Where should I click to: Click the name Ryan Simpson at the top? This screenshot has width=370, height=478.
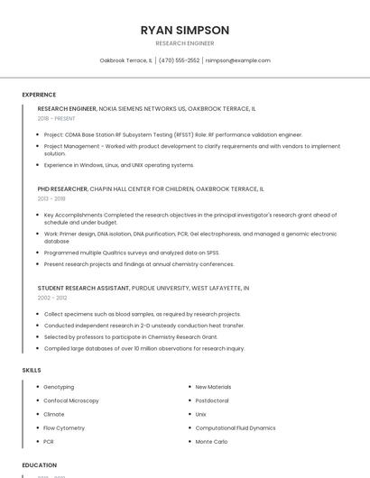click(x=184, y=29)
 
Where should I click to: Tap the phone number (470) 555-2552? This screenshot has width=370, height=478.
click(x=180, y=60)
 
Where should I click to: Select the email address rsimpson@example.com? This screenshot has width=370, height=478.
click(x=237, y=60)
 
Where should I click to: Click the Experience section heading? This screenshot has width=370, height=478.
click(x=39, y=95)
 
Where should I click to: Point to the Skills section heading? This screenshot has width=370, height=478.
click(x=32, y=370)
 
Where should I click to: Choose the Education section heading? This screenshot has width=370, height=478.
click(x=40, y=465)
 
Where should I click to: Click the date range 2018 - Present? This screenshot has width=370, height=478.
click(x=57, y=118)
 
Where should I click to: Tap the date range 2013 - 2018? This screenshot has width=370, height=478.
click(x=51, y=198)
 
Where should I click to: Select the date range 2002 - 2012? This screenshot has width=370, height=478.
click(x=51, y=297)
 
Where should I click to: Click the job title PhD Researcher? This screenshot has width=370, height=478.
click(x=62, y=189)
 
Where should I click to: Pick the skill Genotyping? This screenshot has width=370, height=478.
click(x=59, y=387)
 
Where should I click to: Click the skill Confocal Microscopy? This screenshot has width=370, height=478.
click(x=71, y=400)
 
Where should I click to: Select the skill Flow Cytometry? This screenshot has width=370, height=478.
click(x=64, y=427)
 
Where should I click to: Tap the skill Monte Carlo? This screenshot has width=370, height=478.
click(x=211, y=441)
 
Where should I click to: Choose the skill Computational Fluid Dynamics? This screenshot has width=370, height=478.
click(x=236, y=427)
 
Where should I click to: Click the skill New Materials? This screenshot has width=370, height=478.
click(x=213, y=387)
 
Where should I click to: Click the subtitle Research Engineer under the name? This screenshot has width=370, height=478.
click(x=184, y=42)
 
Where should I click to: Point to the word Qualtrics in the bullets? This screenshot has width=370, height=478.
click(x=113, y=253)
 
